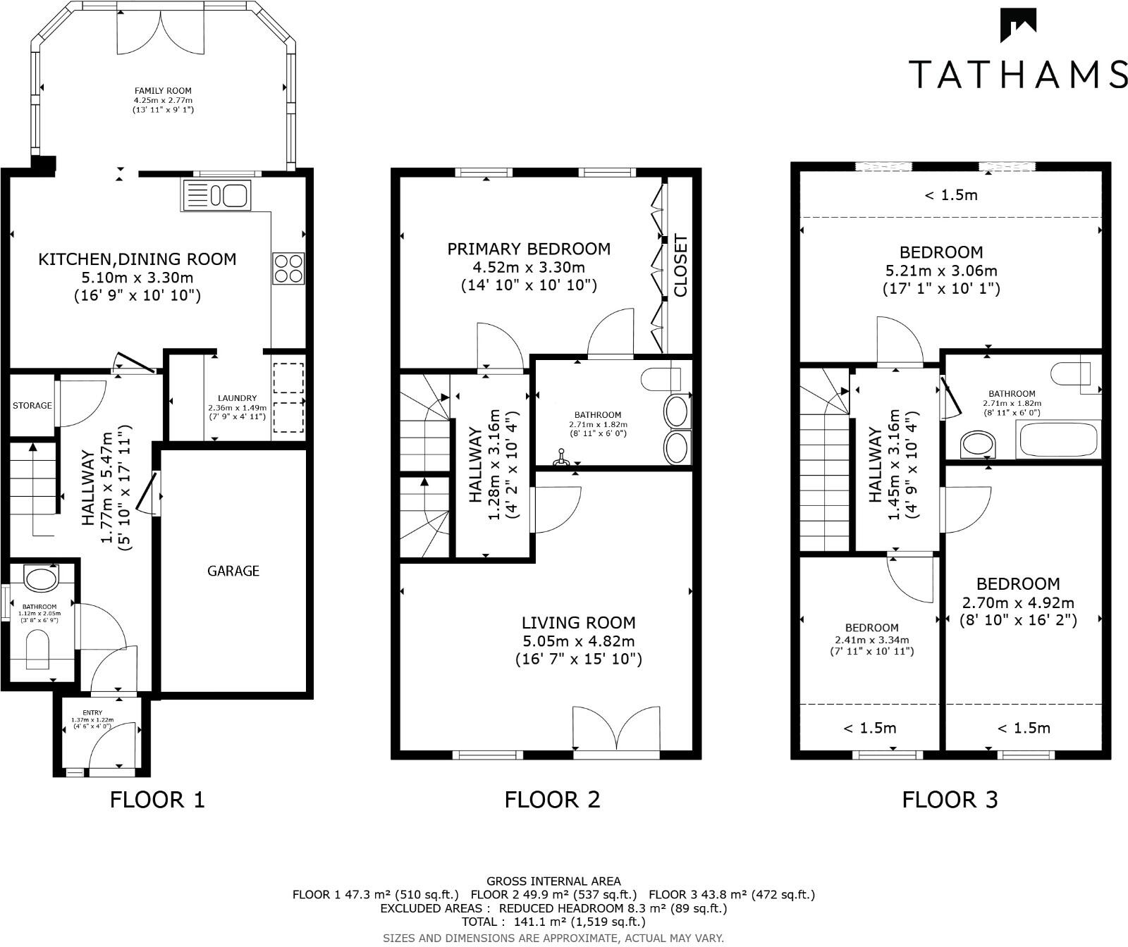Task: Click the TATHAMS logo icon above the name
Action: pos(1018,26)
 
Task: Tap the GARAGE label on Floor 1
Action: pos(233,571)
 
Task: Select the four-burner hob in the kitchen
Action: pos(288,268)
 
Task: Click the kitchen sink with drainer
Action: pos(216,194)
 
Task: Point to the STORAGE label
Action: pos(32,405)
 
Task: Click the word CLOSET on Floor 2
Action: pos(680,266)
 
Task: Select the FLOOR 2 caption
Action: pos(552,800)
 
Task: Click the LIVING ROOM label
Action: pos(578,623)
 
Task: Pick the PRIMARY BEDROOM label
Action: pos(529,249)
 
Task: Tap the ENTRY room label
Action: pos(92,713)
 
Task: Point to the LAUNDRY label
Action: pos(237,398)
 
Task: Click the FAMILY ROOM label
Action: pos(163,91)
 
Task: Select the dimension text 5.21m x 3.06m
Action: pos(941,271)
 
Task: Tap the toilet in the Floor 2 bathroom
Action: pos(661,378)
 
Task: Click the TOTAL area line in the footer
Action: pos(553,922)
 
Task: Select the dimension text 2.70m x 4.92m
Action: pos(1018,602)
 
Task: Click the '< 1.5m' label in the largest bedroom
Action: pos(951,195)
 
